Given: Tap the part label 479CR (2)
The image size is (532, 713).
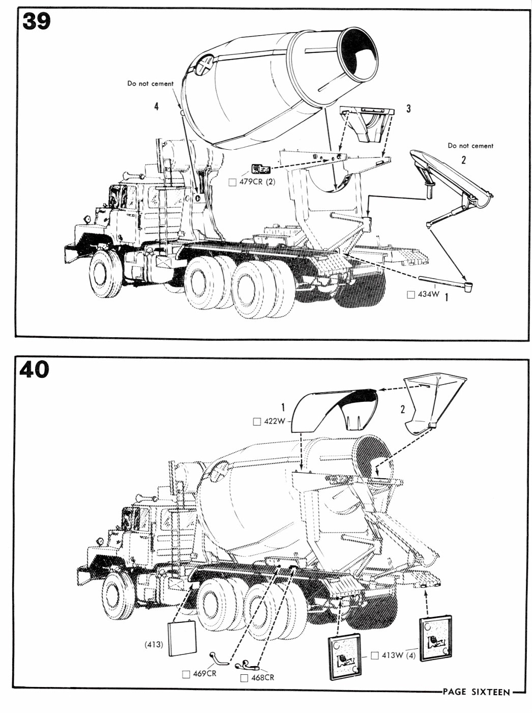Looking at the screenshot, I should click(257, 182).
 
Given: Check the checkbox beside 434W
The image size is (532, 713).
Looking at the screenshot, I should click(411, 294).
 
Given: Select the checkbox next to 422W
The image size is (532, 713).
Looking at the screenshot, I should click(257, 422).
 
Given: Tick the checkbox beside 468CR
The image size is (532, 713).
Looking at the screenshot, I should click(244, 678).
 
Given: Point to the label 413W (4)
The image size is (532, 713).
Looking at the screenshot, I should click(398, 655).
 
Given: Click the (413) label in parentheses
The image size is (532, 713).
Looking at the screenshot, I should click(153, 644).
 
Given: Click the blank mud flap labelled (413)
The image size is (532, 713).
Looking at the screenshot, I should click(182, 638).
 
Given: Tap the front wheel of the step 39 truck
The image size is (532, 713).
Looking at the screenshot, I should click(106, 273).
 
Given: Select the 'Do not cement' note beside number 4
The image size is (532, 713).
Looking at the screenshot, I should click(150, 84).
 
